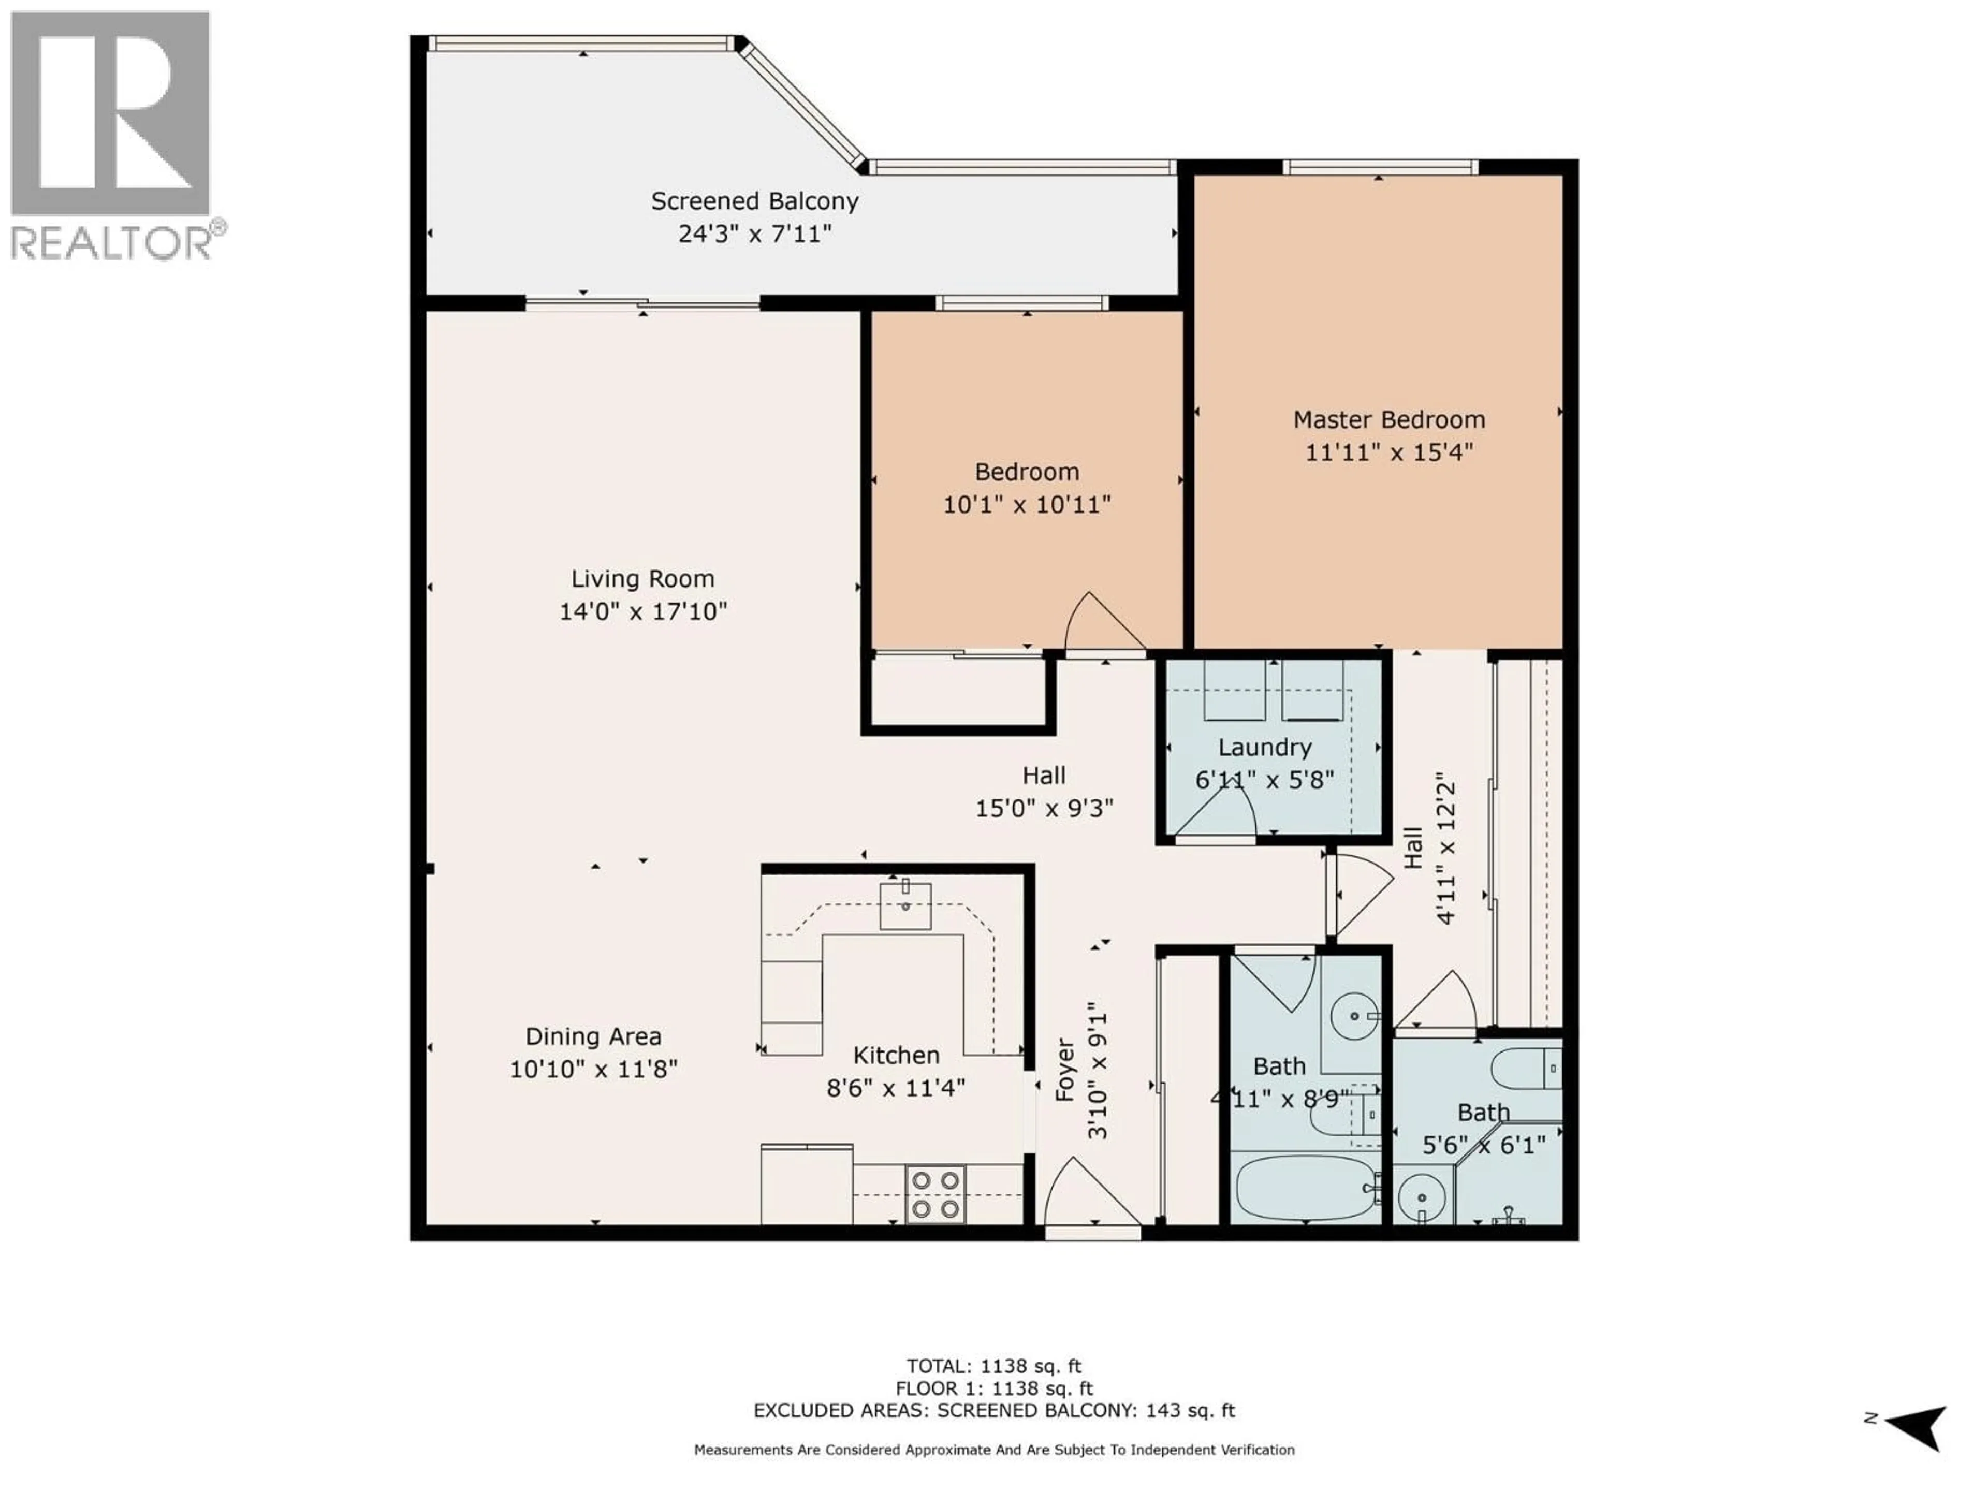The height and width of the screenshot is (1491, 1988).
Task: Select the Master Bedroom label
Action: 1388,420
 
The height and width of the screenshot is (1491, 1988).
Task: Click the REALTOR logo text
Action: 112,243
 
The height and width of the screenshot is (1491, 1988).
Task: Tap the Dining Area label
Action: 593,1036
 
